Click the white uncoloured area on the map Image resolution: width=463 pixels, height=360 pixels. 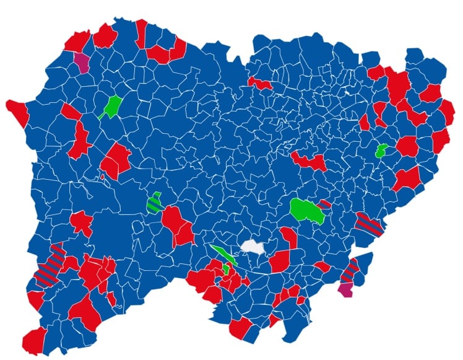[253, 247]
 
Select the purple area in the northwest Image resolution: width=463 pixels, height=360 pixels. [82, 61]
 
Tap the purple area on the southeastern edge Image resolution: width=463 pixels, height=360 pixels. [346, 289]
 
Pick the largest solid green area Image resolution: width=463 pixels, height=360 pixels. [308, 210]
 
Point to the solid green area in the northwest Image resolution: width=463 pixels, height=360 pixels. [113, 106]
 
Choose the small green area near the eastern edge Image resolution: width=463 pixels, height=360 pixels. [381, 150]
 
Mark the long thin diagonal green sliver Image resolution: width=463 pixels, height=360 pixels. [222, 254]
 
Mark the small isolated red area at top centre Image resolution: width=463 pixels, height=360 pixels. [259, 82]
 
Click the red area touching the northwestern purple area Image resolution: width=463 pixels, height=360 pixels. [77, 42]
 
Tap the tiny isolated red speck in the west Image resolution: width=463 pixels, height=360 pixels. [103, 177]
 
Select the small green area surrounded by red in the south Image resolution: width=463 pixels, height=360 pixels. [227, 269]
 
